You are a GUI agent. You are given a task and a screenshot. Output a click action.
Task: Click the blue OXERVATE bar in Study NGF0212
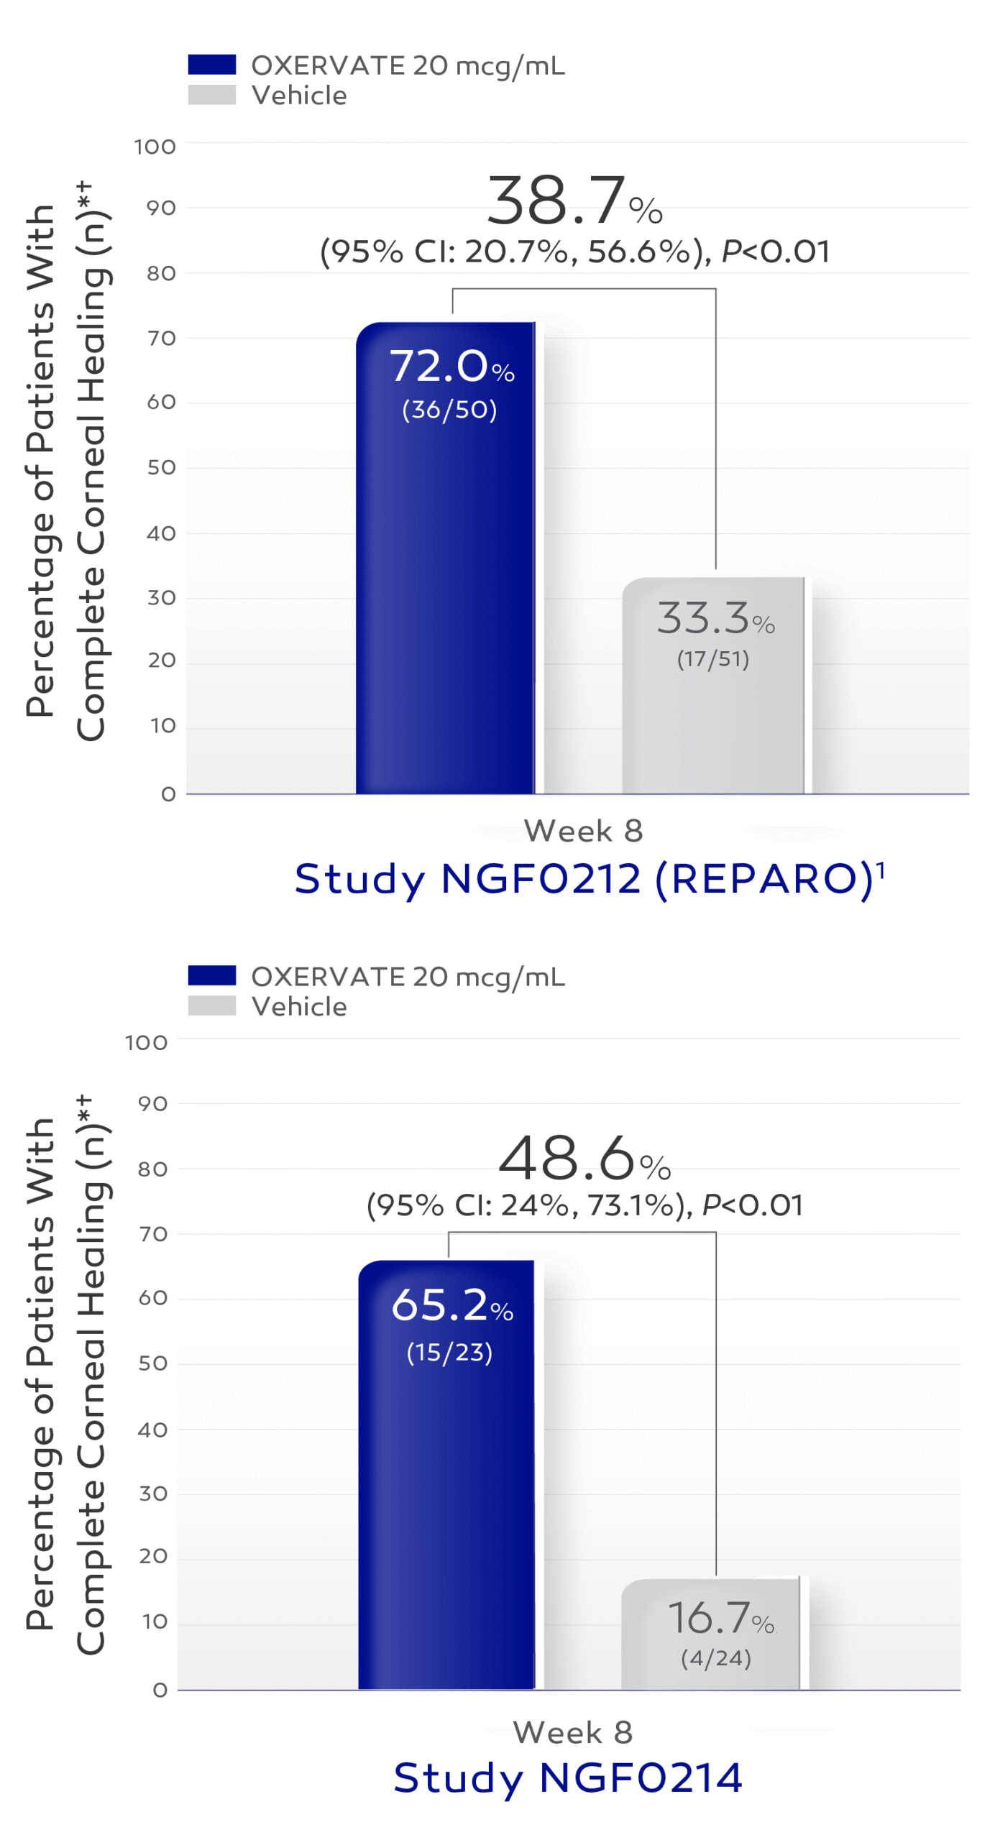coord(446,575)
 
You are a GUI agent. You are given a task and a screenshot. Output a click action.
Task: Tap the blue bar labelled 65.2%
coord(446,1509)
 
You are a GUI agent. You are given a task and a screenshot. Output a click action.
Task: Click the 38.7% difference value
coord(574,201)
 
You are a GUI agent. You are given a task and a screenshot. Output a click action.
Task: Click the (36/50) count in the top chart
coord(449,410)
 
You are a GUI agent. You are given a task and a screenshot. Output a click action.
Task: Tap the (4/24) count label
coord(715,1658)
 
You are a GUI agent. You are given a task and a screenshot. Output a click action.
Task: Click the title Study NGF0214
coord(568,1777)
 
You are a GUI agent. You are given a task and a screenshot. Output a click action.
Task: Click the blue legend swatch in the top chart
coord(211,65)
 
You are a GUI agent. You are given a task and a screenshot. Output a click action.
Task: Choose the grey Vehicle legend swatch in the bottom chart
coord(211,1006)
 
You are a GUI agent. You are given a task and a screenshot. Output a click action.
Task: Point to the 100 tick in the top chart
coord(155,147)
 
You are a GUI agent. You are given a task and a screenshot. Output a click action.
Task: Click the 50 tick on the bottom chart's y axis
coord(152,1363)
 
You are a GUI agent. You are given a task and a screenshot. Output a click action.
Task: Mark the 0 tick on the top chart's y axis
coord(168,794)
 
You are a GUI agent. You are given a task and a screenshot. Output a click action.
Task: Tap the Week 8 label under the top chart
coord(583,831)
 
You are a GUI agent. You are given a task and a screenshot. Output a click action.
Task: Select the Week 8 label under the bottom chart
coord(573,1732)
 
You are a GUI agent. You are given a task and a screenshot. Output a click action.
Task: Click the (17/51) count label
coord(713,659)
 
